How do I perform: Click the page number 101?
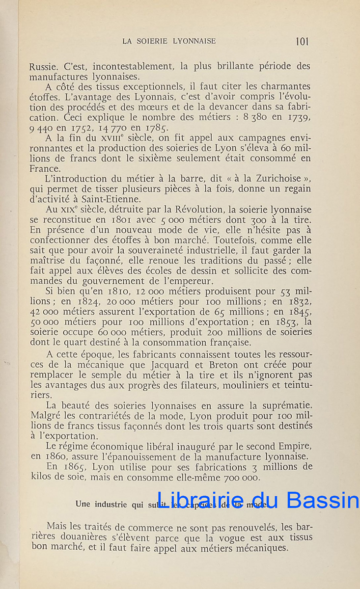click(303, 41)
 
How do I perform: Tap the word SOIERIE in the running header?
click(158, 41)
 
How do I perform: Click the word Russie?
click(43, 66)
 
